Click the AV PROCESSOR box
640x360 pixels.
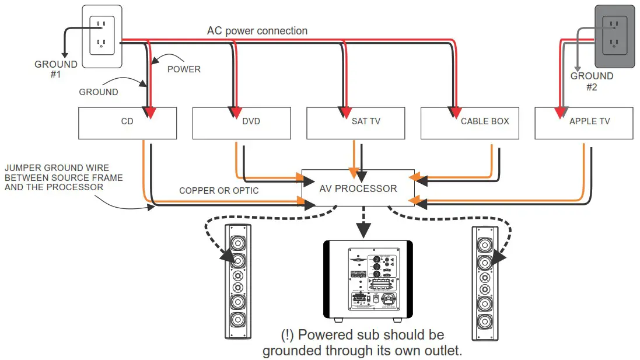coord(358,188)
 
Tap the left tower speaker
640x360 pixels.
coord(238,281)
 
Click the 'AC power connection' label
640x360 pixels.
coord(257,30)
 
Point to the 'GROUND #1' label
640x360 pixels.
coord(56,69)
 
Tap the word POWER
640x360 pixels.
coord(184,69)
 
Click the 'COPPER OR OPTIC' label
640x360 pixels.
coord(219,191)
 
